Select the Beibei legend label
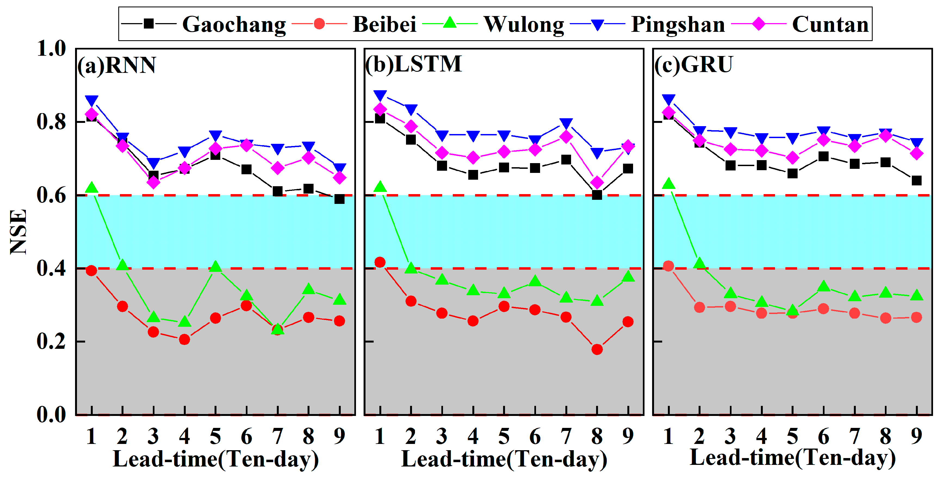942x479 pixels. (384, 24)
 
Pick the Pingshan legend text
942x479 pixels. (678, 24)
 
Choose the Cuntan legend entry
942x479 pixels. (830, 24)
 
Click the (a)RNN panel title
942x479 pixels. (117, 65)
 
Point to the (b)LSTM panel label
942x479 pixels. (414, 64)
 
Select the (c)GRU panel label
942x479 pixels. (693, 65)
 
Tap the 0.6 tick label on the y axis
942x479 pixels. (51, 195)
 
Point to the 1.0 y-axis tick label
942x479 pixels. (51, 48)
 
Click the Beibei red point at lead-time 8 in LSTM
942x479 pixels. (597, 349)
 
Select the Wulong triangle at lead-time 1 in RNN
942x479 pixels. (91, 188)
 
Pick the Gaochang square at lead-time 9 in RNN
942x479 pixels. (339, 199)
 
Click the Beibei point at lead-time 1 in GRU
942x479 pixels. (668, 266)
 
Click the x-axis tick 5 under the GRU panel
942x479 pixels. (792, 436)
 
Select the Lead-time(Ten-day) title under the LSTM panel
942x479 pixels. (504, 459)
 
